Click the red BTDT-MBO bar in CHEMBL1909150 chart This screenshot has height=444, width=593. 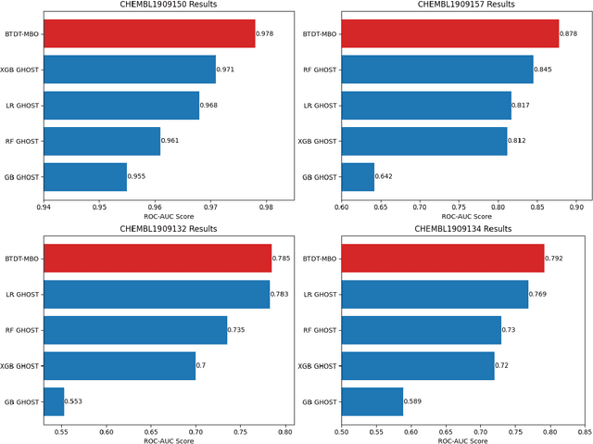(149, 34)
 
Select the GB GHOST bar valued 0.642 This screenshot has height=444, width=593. (358, 177)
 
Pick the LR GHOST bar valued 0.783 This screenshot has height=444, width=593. (157, 295)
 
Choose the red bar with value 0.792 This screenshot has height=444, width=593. (443, 259)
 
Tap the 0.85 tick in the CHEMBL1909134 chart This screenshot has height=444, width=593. (585, 431)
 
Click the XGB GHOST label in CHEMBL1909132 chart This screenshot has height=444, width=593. (20, 366)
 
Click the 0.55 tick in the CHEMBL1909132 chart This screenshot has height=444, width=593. (61, 431)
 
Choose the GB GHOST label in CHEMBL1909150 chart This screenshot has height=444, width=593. (21, 177)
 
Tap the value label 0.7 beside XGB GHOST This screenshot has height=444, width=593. (201, 366)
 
